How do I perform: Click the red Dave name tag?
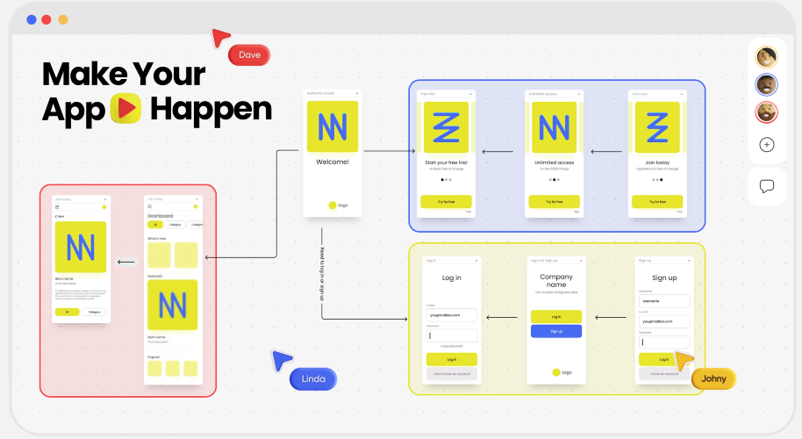click(249, 55)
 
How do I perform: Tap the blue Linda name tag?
click(313, 378)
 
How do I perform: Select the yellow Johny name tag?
click(713, 378)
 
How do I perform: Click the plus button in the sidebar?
click(767, 145)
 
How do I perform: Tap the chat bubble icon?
click(767, 186)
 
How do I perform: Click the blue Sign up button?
click(556, 331)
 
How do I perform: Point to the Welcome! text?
click(333, 162)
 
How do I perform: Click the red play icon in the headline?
click(126, 109)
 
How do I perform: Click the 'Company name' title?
click(556, 280)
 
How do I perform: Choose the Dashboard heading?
click(161, 215)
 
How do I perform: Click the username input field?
click(664, 300)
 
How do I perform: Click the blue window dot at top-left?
click(32, 19)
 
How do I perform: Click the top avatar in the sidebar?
click(767, 57)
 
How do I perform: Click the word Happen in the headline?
click(211, 109)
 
